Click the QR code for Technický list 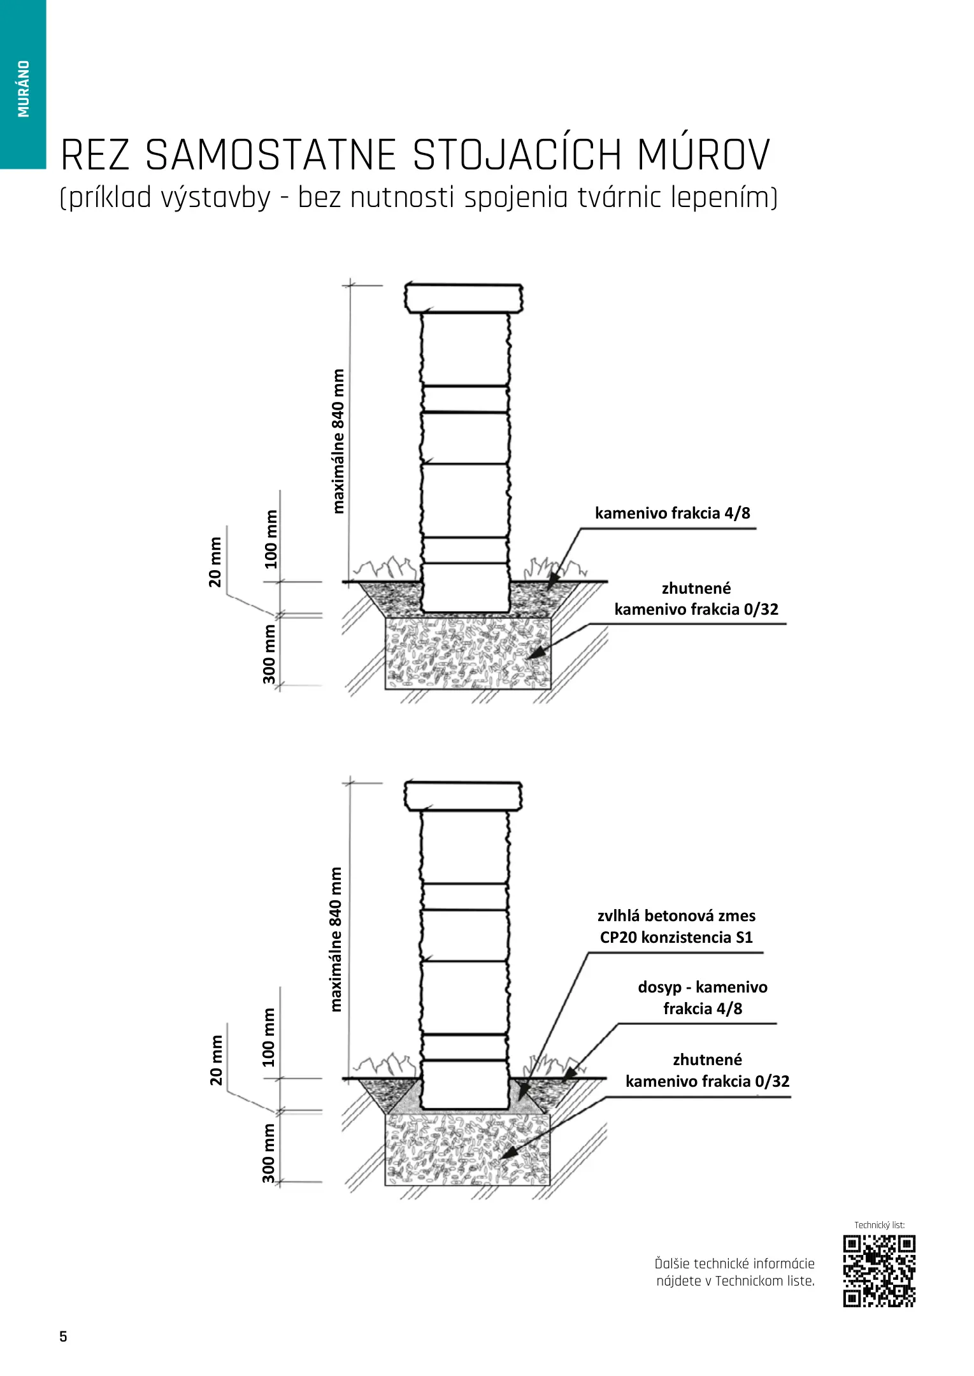(879, 1271)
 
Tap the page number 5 (63, 1336)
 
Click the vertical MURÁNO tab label (24, 89)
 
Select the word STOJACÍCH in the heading (517, 155)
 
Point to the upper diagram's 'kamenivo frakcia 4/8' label (672, 513)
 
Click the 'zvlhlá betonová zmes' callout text (676, 916)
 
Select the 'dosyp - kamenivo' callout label (702, 987)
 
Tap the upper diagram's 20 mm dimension (215, 562)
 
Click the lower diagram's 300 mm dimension (269, 1153)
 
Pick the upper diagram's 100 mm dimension (271, 539)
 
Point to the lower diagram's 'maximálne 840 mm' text (336, 939)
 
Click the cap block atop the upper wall (464, 298)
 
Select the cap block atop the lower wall (464, 796)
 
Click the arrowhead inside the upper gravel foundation (536, 652)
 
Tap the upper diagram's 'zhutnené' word (696, 588)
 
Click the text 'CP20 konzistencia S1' (676, 938)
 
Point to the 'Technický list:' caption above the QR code (879, 1225)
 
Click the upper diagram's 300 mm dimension (269, 654)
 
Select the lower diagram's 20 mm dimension (217, 1060)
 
